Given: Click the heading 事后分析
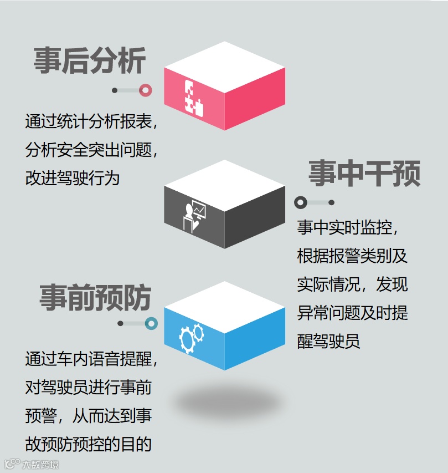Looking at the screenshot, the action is point(90,60).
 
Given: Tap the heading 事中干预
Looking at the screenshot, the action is point(364,174).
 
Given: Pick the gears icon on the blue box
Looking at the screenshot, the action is point(191,335).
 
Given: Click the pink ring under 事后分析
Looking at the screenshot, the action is point(146,90).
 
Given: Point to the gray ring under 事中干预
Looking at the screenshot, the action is point(301,202).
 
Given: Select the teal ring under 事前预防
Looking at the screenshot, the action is point(151,323).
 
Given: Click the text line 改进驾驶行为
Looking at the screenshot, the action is point(73,179).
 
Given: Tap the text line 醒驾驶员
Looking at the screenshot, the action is point(329,340).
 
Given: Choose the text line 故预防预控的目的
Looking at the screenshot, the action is point(88,444).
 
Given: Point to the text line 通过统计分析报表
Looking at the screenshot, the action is point(91,121).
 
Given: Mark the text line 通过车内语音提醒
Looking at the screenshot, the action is point(91,358).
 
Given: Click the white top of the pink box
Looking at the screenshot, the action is point(224,65).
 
